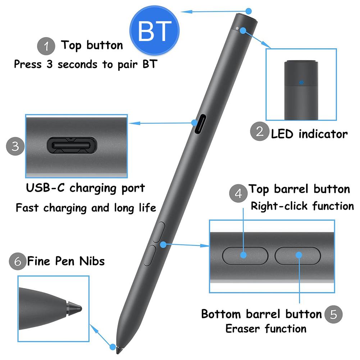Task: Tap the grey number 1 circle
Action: click(46, 46)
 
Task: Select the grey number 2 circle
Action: click(260, 132)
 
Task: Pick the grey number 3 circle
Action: click(15, 146)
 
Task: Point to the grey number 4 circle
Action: click(238, 193)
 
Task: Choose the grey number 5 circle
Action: click(333, 314)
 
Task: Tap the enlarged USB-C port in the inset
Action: click(72, 145)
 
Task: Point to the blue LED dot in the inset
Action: click(301, 82)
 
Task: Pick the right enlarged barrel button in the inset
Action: click(298, 255)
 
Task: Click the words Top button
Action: click(92, 45)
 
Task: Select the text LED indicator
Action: click(309, 134)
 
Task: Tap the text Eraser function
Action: click(266, 328)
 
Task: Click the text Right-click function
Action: click(302, 206)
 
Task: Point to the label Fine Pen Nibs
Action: click(66, 261)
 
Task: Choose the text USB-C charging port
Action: click(85, 188)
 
